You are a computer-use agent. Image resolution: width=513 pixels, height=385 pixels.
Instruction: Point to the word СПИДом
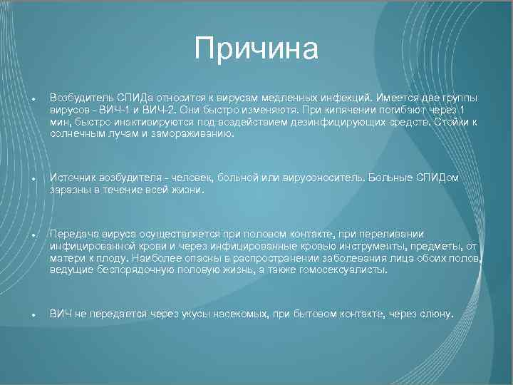[x=440, y=178]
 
